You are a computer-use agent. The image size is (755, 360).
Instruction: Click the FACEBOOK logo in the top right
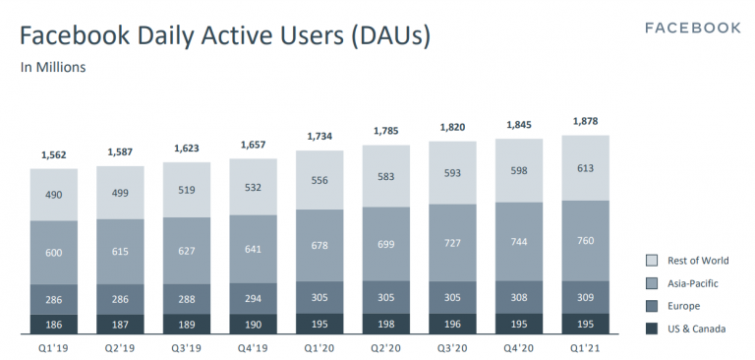692,28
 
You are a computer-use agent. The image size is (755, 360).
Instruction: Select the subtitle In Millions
53,68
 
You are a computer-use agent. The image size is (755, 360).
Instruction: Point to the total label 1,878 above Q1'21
586,122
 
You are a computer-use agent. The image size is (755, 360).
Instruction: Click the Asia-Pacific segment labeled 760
586,241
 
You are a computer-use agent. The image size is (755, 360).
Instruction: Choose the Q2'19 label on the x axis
120,347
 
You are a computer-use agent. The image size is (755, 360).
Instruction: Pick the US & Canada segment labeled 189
186,325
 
